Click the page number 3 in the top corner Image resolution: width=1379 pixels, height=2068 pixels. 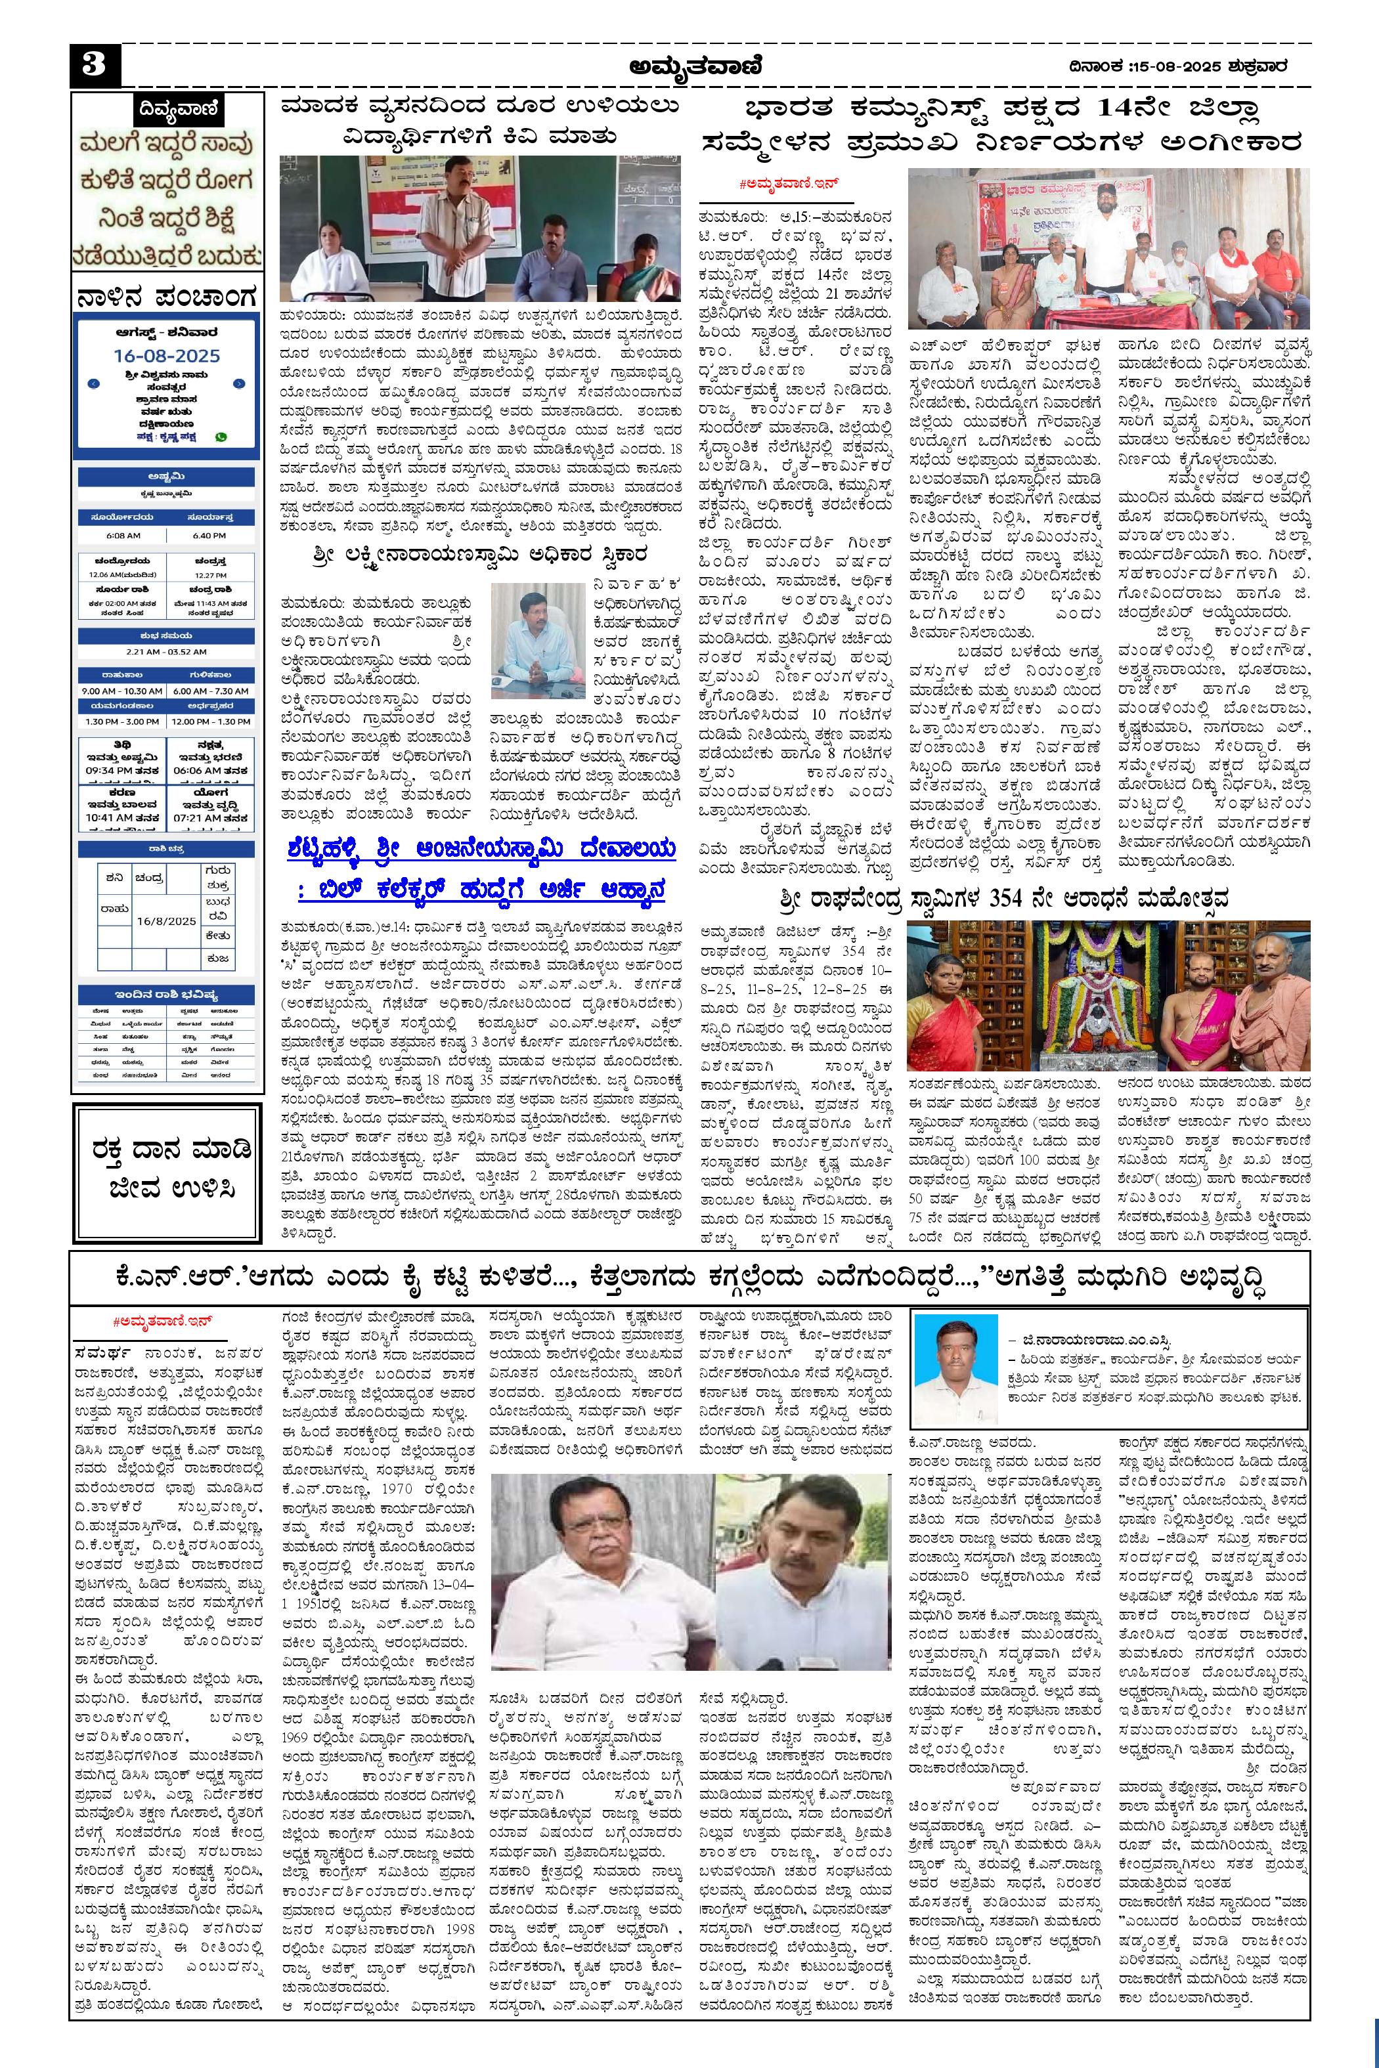[94, 65]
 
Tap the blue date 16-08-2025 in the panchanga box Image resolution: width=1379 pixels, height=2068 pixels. [166, 356]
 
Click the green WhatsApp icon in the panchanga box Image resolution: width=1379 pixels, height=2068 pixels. [221, 436]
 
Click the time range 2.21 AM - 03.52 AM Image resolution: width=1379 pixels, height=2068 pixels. [165, 651]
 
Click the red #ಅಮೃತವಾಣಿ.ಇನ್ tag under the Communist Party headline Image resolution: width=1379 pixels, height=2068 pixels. [785, 183]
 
